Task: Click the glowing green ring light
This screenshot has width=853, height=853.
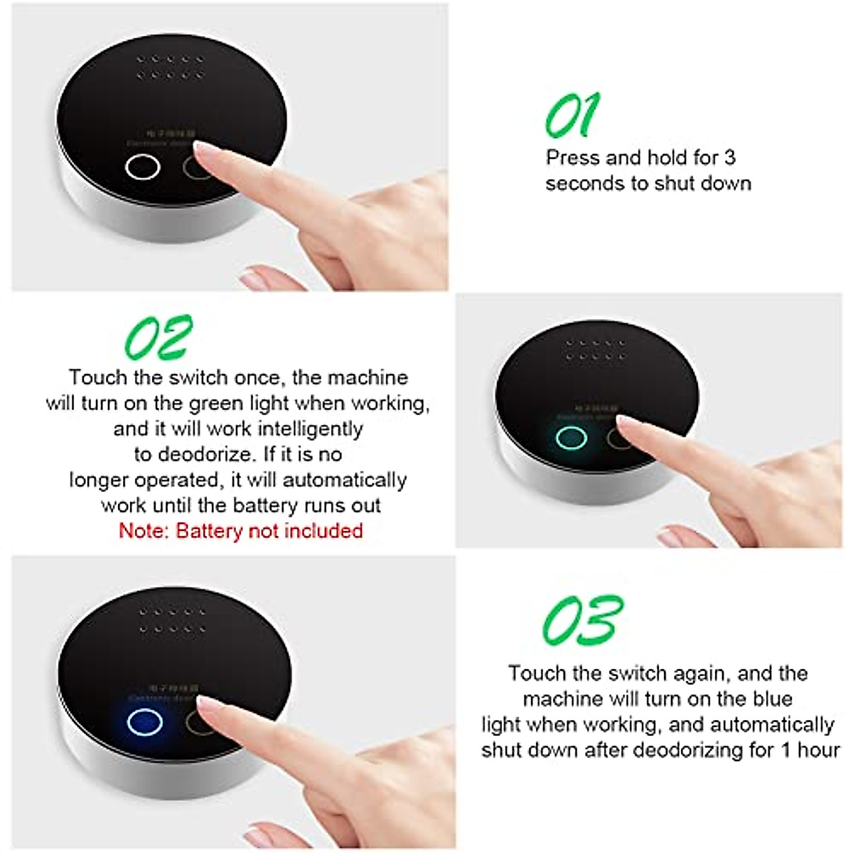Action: pos(571,438)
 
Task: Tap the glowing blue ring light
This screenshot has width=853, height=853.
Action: pos(145,722)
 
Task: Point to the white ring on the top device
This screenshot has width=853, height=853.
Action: pos(142,168)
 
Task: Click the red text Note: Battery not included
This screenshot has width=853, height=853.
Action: pos(240,531)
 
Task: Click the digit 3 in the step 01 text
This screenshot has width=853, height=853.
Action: pos(729,157)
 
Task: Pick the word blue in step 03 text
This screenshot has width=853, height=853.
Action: pos(772,699)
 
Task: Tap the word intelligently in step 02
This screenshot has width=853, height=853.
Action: pos(310,429)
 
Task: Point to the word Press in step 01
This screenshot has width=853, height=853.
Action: pos(573,157)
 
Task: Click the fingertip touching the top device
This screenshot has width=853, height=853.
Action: pos(203,149)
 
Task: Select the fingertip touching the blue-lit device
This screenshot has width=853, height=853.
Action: pos(207,704)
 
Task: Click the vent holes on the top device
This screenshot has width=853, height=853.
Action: pos(171,67)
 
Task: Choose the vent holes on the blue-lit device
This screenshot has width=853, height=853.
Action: pos(173,620)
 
